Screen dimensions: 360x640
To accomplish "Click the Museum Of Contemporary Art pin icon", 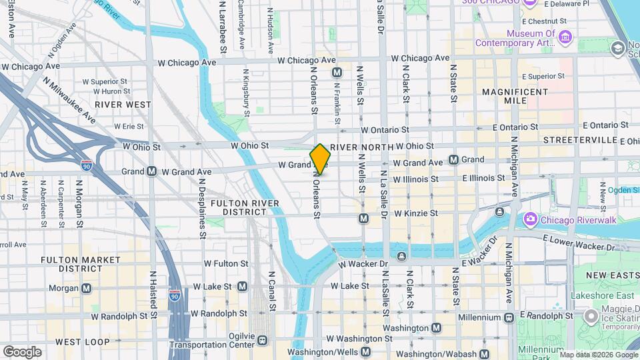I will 566,35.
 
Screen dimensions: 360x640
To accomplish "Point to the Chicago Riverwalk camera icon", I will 531,218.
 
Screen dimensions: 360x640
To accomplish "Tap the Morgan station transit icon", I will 86,289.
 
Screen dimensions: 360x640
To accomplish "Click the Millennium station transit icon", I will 508,317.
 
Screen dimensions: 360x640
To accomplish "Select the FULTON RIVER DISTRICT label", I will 239,207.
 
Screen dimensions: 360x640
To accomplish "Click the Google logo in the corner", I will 22,351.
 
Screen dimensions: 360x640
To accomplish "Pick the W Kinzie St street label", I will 415,213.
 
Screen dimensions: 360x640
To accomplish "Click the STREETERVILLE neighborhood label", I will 579,140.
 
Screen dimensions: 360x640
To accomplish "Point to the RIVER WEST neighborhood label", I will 123,105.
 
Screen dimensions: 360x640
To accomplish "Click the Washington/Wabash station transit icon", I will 483,353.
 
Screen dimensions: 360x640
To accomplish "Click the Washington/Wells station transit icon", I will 365,351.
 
